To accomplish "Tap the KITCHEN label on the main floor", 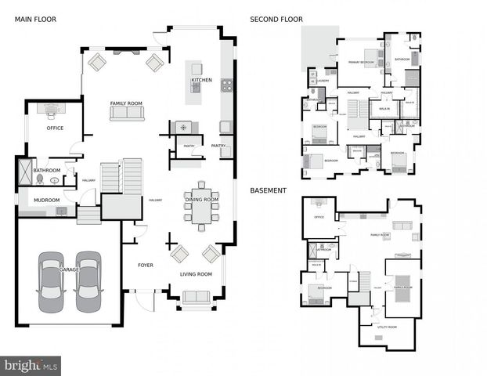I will pos(201,81).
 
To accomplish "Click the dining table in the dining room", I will pos(202,207).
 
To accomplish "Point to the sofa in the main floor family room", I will pos(126,114).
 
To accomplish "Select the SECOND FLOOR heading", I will pos(276,19).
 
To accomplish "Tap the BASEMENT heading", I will pos(269,190).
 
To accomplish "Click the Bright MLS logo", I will pos(31,365).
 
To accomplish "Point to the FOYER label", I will pos(146,266).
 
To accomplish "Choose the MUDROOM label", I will pos(46,200).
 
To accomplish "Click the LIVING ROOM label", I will pos(196,274).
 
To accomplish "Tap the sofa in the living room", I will pos(196,297).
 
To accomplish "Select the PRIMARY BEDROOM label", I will pos(361,61).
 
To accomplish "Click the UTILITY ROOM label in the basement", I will pos(386,327).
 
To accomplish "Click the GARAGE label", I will pos(69,270).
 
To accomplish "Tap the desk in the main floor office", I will pos(52,110).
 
